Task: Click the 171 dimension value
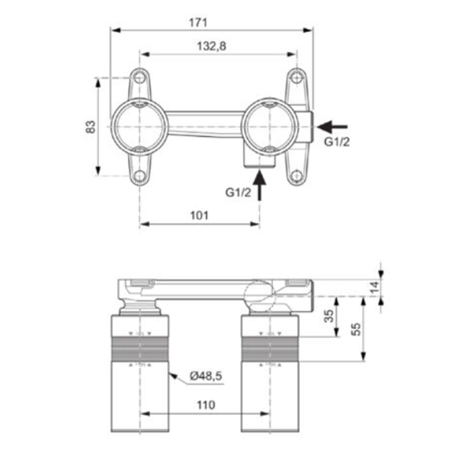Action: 198,23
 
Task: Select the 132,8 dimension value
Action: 211,46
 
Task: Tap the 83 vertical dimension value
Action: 90,127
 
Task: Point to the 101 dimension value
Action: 199,215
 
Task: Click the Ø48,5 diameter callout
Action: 206,376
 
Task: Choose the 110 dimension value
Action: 206,405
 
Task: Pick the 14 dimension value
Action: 374,287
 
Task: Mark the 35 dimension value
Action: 329,316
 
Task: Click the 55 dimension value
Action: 356,329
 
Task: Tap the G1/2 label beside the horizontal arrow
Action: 337,142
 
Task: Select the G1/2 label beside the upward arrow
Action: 239,192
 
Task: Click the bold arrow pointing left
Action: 332,127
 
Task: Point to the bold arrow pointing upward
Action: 259,185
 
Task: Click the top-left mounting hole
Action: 140,78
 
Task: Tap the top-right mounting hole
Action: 296,78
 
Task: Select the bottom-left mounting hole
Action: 140,175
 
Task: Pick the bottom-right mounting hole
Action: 296,175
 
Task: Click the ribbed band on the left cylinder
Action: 140,350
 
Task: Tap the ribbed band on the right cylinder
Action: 270,350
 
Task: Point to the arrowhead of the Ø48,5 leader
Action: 173,376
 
